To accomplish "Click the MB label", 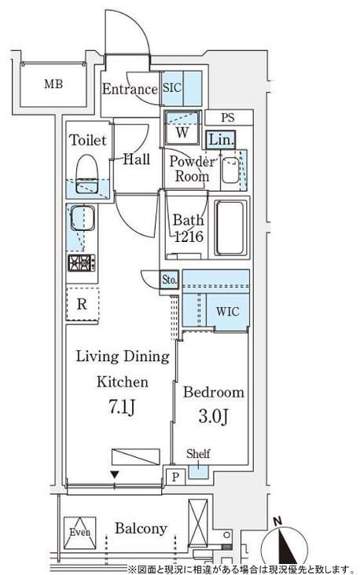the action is coord(53,84).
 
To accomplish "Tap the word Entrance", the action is coord(130,89).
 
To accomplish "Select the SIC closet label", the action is coord(171,88).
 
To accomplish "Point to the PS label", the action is coord(228,118).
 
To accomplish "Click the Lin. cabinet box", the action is coord(220,140).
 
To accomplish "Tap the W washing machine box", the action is coord(182,127).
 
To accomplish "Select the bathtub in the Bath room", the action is coord(230,227).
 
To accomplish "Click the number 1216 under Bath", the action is coord(189,236).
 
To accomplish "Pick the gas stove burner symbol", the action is coord(82,263).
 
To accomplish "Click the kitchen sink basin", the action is coord(83,218).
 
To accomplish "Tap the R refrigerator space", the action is coord(83,304).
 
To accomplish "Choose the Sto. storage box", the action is coord(170,280).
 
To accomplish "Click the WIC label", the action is coord(227,312).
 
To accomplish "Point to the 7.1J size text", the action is coord(122,407).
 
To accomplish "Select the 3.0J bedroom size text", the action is coord(214,416).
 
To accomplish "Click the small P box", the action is coord(176,477).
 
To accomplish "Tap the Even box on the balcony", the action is coord(80,533).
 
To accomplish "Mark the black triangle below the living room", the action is coord(115,475).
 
